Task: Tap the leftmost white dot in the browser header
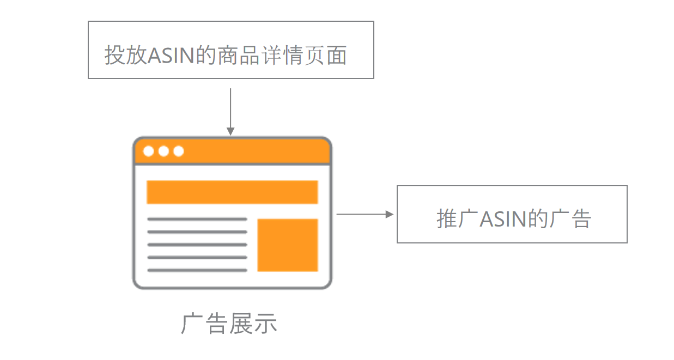pyautogui.click(x=148, y=151)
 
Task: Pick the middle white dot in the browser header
pyautogui.click(x=163, y=151)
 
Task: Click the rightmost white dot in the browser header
pyautogui.click(x=179, y=151)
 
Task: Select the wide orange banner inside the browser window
pyautogui.click(x=232, y=192)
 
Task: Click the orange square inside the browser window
pyautogui.click(x=288, y=245)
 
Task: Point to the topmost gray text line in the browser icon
pyautogui.click(x=197, y=219)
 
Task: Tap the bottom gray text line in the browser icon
pyautogui.click(x=197, y=270)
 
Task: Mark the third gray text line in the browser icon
pyautogui.click(x=197, y=245)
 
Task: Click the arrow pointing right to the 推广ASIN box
pyautogui.click(x=365, y=214)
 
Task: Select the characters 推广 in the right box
pyautogui.click(x=458, y=219)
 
